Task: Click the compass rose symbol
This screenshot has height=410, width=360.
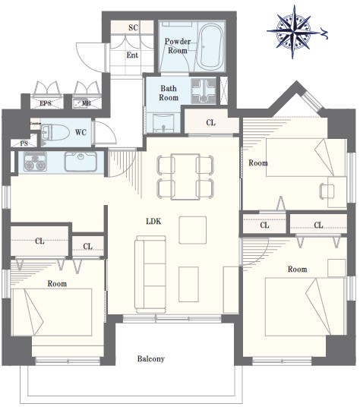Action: pos(294,32)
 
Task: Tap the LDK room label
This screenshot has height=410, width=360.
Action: pos(153,221)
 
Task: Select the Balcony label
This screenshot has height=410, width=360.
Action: pos(151,358)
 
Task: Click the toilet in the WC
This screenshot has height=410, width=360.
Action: pos(55,132)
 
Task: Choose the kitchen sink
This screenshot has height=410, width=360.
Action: pos(81,161)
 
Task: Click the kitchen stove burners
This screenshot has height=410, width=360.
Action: pos(35,161)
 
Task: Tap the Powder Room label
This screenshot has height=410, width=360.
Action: pos(178,46)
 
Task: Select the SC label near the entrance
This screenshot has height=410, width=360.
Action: pos(133,27)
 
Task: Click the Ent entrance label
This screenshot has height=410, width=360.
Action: pos(132,55)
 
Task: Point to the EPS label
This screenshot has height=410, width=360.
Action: pos(46,103)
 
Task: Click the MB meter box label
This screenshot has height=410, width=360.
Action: pos(87,103)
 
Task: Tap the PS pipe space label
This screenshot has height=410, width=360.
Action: pos(24,143)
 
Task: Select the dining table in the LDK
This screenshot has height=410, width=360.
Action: pos(185,177)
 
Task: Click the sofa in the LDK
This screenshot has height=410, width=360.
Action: pos(150,274)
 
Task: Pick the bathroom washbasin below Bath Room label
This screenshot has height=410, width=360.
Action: pos(163,123)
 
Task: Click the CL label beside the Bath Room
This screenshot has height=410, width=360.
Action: pos(211,122)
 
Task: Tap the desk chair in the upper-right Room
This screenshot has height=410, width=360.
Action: pos(327,191)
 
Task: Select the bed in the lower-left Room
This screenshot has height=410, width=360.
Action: pos(52,312)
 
